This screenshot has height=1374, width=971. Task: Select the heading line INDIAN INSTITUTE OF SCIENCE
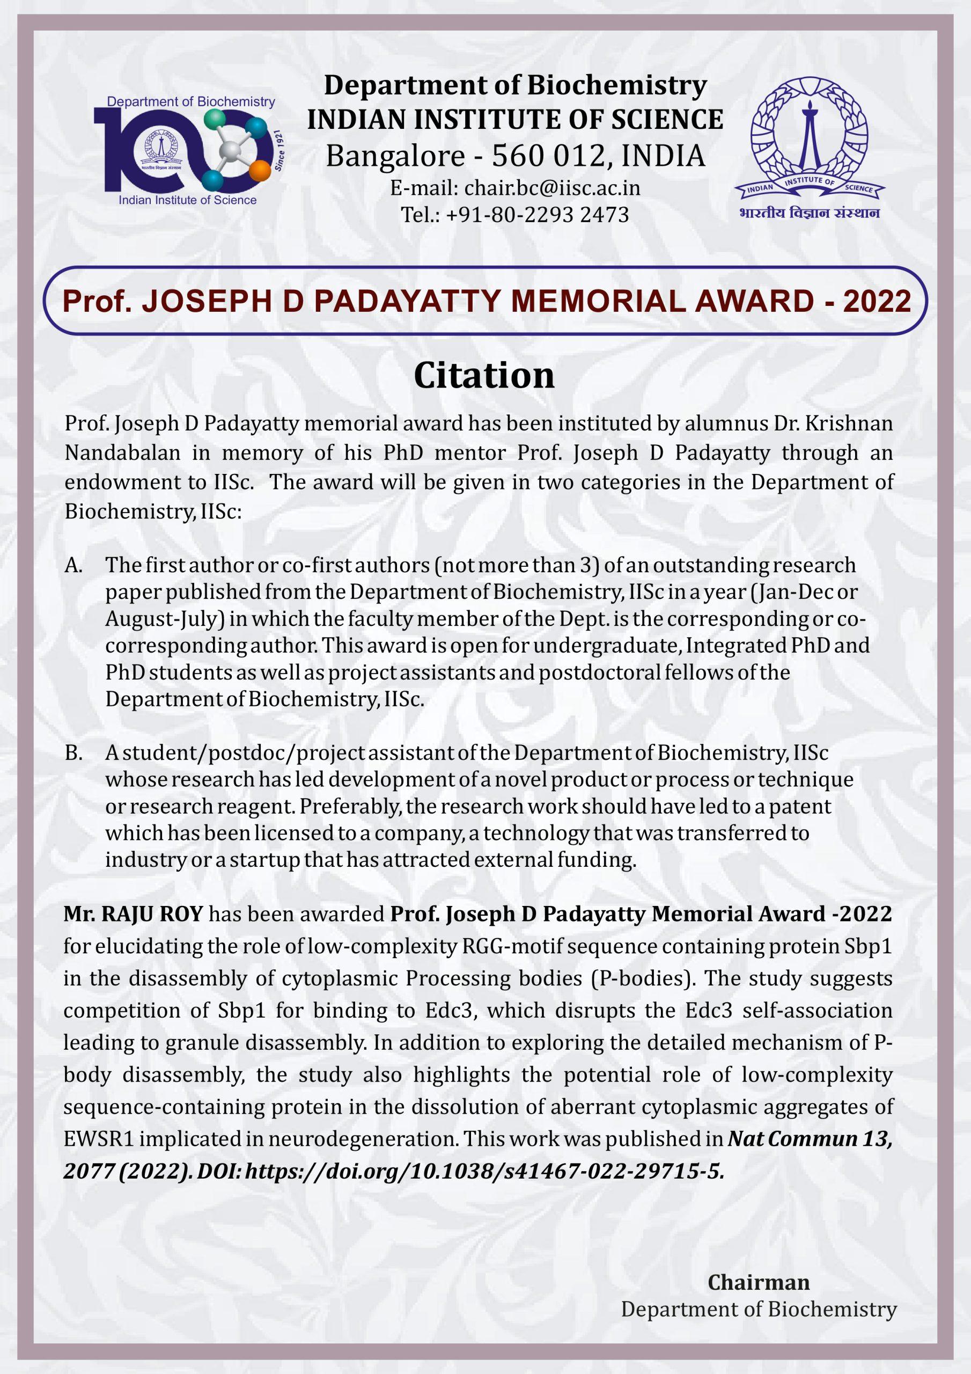[515, 120]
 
